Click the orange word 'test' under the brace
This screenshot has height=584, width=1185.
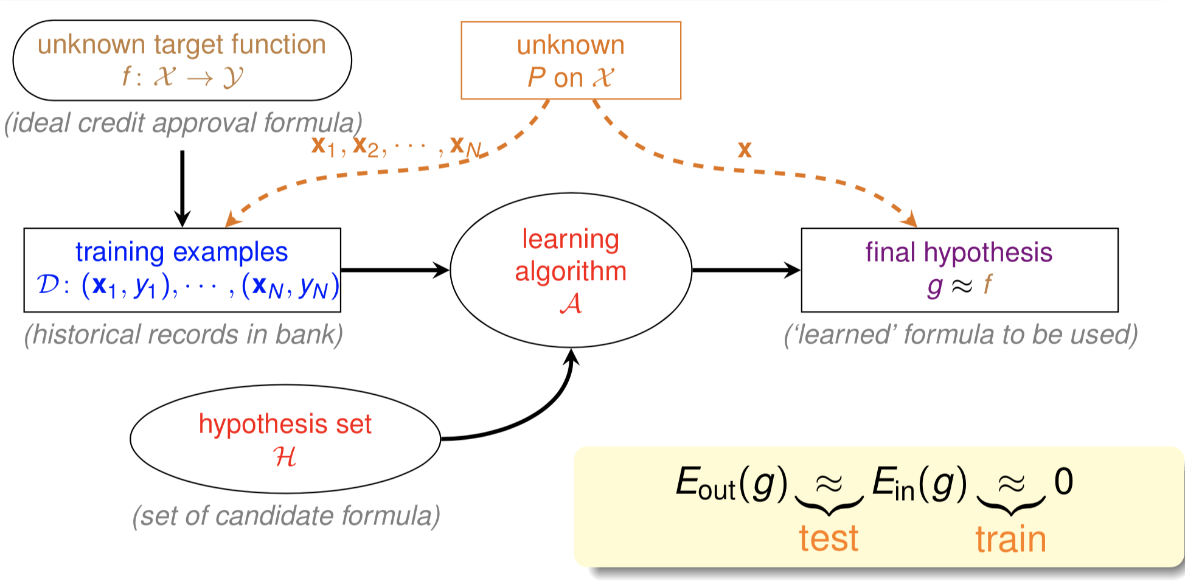[x=829, y=539]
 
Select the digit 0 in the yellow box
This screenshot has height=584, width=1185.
[x=1063, y=482]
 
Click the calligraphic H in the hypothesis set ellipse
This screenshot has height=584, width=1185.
[x=285, y=457]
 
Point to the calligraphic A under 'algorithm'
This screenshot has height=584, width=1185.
[x=571, y=303]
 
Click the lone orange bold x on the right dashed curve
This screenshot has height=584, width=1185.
[x=745, y=150]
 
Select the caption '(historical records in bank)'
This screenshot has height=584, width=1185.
[x=183, y=335]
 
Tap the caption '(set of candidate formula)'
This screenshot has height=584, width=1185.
[x=286, y=516]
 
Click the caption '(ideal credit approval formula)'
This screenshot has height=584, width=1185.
[x=183, y=123]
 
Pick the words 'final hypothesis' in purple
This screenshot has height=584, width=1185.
[x=959, y=252]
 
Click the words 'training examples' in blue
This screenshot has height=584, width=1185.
[x=181, y=252]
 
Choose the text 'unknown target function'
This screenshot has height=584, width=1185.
[x=182, y=45]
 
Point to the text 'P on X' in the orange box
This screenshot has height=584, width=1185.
[x=571, y=78]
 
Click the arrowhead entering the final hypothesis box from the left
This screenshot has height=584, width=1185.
[x=792, y=270]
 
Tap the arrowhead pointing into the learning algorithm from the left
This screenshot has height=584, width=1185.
[x=441, y=270]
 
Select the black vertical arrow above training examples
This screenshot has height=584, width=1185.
[x=182, y=186]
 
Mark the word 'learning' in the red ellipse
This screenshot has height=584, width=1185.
[x=571, y=240]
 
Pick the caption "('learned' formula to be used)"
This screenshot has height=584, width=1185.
[x=961, y=335]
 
